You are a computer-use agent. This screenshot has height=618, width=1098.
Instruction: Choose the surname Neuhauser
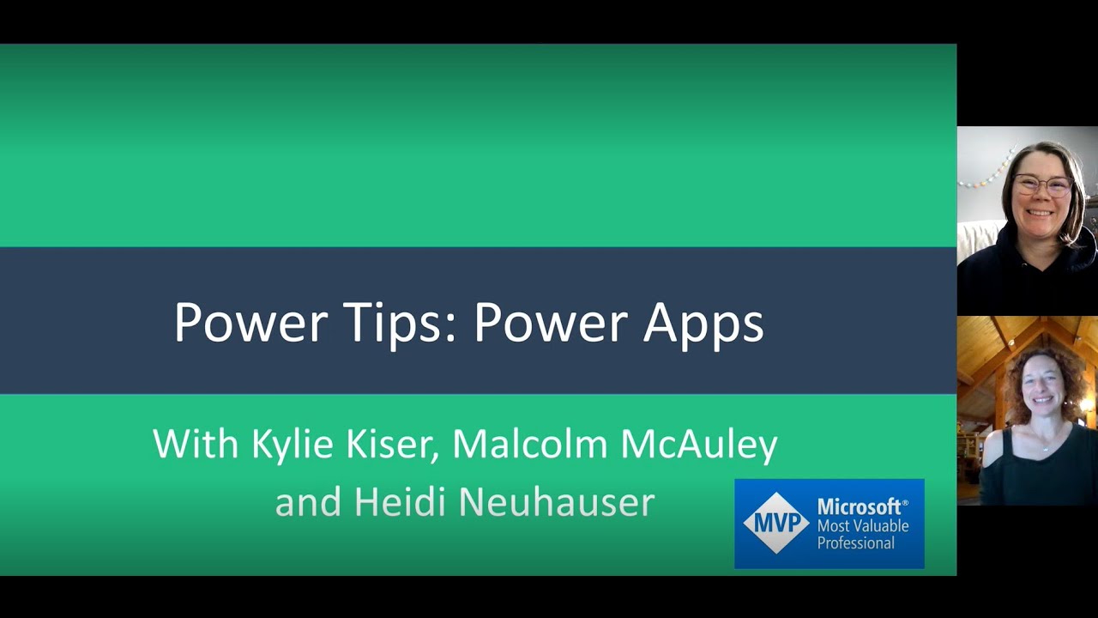click(554, 501)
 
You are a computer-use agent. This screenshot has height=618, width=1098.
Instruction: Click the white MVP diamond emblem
click(776, 523)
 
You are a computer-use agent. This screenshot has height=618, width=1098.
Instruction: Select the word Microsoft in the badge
click(861, 506)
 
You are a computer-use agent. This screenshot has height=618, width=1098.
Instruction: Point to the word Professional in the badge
click(855, 542)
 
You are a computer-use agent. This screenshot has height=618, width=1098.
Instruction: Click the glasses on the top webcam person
click(1042, 184)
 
